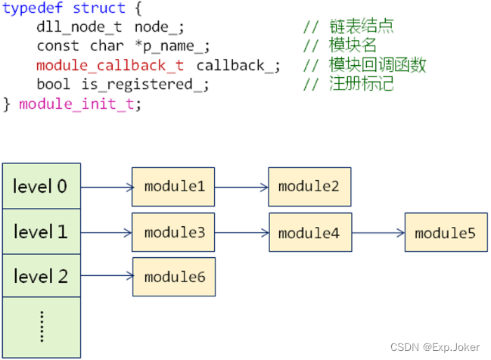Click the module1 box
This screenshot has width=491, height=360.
coord(174,186)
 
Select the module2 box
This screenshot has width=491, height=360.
coord(309,186)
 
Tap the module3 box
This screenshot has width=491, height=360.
coord(174,232)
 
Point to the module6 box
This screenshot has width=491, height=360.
coord(174,277)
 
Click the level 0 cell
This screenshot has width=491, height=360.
coord(41,185)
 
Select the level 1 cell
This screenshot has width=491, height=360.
coord(41,231)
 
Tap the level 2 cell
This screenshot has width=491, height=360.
coord(41,277)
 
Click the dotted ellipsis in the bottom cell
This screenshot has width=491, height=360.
coord(41,325)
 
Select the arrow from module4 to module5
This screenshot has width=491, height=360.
coord(378,233)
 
